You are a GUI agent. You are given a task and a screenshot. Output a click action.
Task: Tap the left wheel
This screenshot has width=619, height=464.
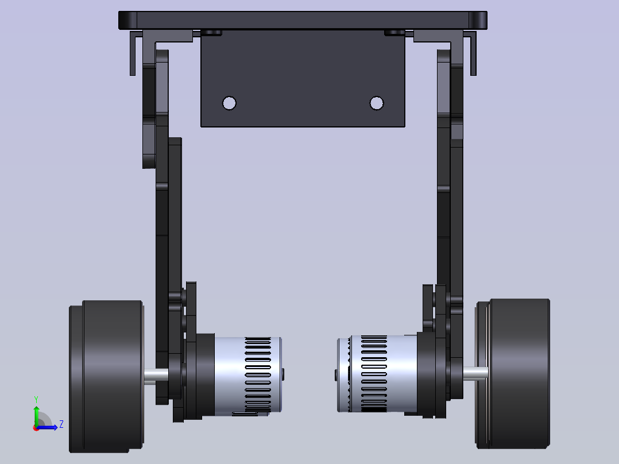pyautogui.click(x=106, y=376)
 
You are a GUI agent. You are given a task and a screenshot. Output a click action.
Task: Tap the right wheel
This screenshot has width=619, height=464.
pyautogui.click(x=512, y=374)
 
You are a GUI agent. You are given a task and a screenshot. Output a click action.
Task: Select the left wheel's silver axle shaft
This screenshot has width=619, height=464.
pyautogui.click(x=156, y=376)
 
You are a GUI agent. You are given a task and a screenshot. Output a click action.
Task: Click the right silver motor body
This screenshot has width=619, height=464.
pyautogui.click(x=377, y=374)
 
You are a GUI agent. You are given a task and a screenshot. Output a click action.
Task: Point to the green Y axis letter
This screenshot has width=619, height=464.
pyautogui.click(x=36, y=400)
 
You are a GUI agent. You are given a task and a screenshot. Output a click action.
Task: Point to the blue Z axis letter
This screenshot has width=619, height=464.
pyautogui.click(x=61, y=424)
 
